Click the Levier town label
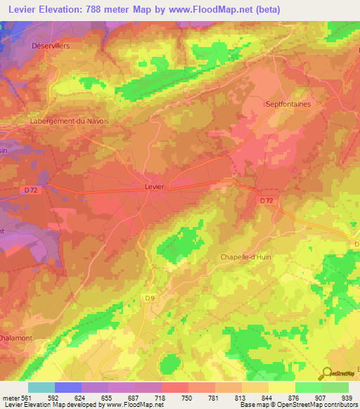click(154, 186)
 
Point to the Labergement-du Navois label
click(69, 121)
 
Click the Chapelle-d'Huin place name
click(245, 257)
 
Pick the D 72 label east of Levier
click(266, 200)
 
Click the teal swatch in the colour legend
click(41, 387)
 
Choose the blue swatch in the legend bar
click(68, 387)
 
